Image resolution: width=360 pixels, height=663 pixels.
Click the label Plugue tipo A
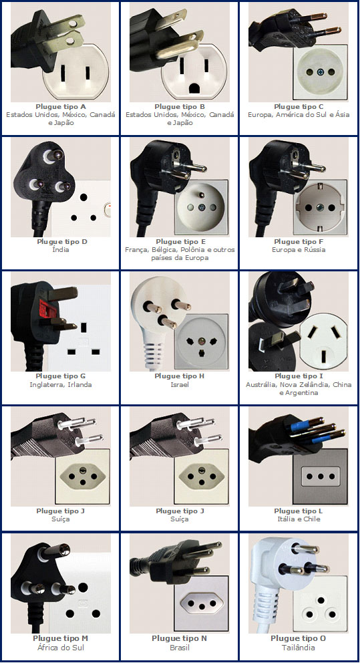pyautogui.click(x=61, y=107)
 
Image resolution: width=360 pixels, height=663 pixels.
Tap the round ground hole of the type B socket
pyautogui.click(x=195, y=88)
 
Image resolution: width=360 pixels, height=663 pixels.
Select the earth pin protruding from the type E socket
pyautogui.click(x=202, y=196)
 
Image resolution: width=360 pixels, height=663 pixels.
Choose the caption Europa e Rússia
pyautogui.click(x=299, y=250)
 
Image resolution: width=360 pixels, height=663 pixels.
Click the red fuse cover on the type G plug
pyautogui.click(x=47, y=309)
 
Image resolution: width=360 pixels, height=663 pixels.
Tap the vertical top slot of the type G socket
pyautogui.click(x=83, y=327)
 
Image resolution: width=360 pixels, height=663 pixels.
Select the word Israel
pyautogui.click(x=180, y=385)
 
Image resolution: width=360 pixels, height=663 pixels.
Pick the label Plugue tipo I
pyautogui.click(x=299, y=376)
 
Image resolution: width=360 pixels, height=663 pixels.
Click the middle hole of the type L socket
pyautogui.click(x=321, y=476)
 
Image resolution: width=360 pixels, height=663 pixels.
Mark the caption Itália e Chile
pyautogui.click(x=299, y=519)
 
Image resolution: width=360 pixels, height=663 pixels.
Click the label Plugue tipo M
pyautogui.click(x=61, y=638)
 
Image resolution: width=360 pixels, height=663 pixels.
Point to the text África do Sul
pyautogui.click(x=61, y=648)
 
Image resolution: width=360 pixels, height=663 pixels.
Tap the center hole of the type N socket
pyautogui.click(x=202, y=607)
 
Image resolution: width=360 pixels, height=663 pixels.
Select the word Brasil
pyautogui.click(x=180, y=648)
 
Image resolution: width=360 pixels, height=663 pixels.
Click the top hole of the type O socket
pyautogui.click(x=321, y=600)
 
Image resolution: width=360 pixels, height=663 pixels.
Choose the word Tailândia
pyautogui.click(x=299, y=648)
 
